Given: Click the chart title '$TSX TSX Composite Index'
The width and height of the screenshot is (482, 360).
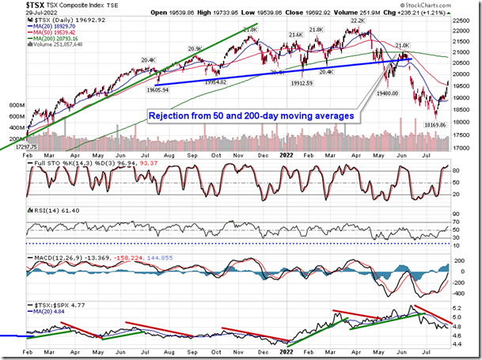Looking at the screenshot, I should pos(55,6).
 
